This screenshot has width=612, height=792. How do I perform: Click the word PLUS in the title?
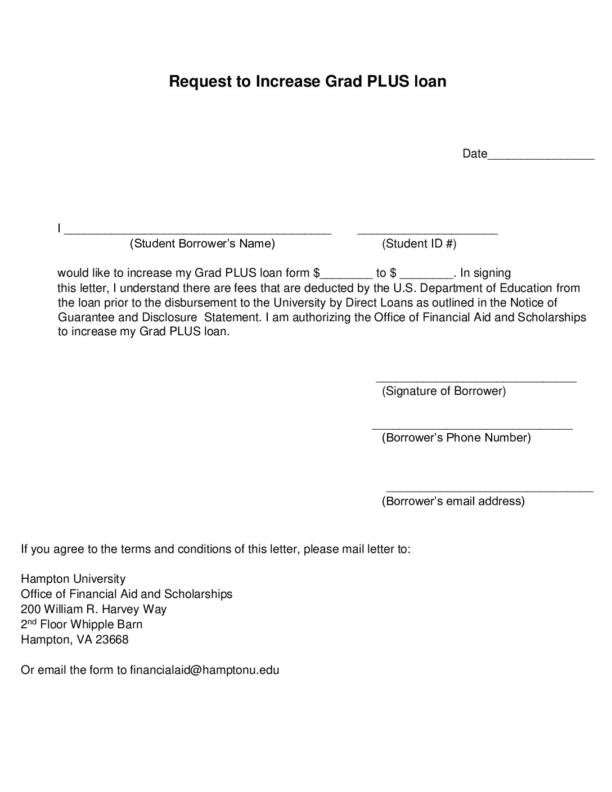[389, 82]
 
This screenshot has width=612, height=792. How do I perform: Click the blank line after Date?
[541, 157]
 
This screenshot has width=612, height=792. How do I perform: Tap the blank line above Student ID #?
[427, 230]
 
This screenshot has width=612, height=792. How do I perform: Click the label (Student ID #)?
[419, 244]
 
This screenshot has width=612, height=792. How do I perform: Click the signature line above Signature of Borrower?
[476, 380]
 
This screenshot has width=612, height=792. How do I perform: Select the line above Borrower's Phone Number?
[472, 427]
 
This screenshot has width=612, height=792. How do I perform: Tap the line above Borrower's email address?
[489, 490]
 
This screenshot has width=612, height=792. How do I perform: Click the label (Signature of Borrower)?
[444, 391]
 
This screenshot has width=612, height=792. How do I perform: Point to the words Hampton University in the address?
[73, 579]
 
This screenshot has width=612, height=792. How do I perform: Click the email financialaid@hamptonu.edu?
[205, 670]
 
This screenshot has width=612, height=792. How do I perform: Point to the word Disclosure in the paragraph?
[157, 317]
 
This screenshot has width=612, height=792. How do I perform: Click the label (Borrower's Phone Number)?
[456, 438]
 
